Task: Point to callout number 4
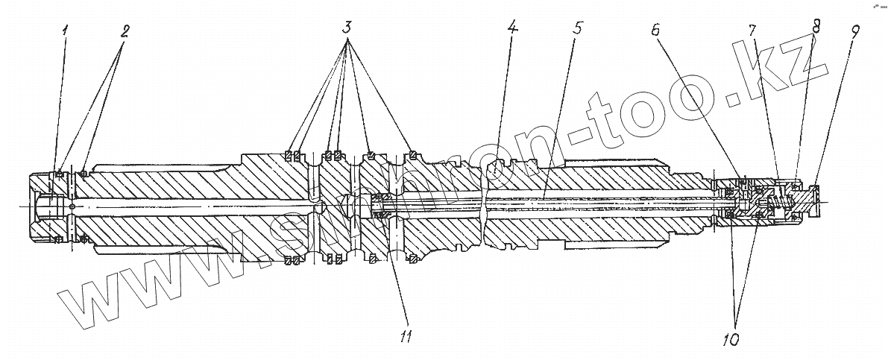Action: [511, 32]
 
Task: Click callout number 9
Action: [854, 33]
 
